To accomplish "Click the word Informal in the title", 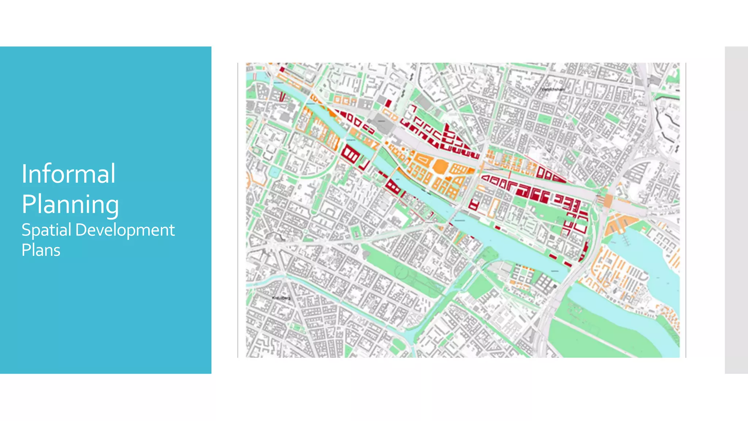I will (69, 174).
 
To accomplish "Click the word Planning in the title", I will (70, 204).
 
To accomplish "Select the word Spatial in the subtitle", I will (46, 230).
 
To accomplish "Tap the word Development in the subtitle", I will (125, 230).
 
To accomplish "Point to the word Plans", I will (41, 250).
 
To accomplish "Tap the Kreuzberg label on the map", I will (281, 298).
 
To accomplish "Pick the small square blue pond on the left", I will (274, 171).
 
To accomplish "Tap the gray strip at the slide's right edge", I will (736, 210).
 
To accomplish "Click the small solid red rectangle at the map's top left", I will (282, 69).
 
